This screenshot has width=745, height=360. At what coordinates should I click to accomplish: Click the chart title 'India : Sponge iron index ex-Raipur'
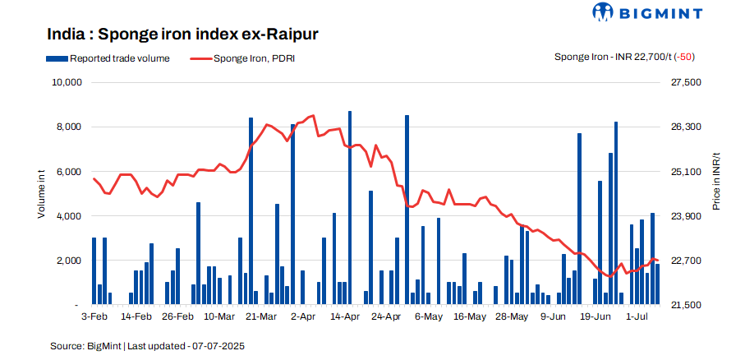[x=182, y=35]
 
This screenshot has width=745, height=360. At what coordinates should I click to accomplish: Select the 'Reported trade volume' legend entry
[x=114, y=58]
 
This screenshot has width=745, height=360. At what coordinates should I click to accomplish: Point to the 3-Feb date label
[x=94, y=316]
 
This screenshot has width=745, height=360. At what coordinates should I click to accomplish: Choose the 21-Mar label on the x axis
[x=261, y=316]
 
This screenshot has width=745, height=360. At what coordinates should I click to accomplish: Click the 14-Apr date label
[x=344, y=316]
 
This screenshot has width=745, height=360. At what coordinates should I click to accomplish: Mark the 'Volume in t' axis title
[x=41, y=194]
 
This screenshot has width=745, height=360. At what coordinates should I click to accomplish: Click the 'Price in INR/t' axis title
[x=716, y=181]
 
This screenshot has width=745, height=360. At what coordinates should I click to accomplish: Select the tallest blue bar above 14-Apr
[x=350, y=205]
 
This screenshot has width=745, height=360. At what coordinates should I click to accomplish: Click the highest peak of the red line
[x=314, y=116]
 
